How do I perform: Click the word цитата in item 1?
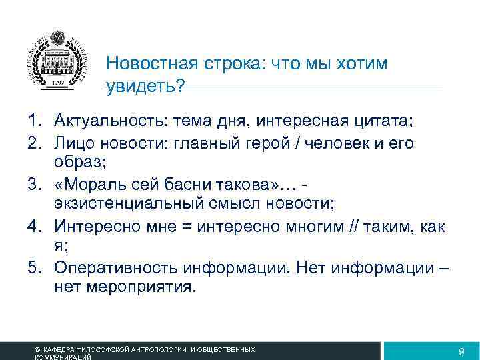387,121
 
